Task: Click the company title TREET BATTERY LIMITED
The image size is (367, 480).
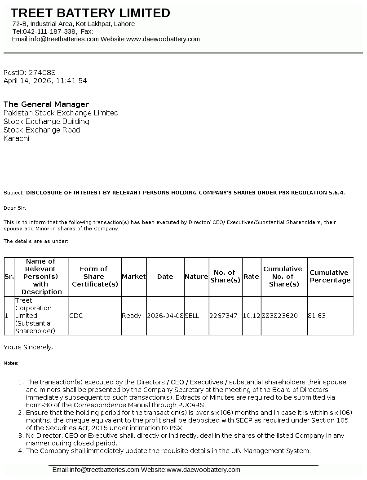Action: (90, 13)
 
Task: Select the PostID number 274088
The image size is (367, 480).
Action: (42, 72)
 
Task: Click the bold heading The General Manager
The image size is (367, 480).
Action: (46, 104)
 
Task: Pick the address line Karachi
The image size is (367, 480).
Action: (16, 138)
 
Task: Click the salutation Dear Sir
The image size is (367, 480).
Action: (15, 208)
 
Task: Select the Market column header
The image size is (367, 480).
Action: (134, 277)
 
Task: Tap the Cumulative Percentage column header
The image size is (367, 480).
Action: (330, 277)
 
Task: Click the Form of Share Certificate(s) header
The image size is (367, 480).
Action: (95, 277)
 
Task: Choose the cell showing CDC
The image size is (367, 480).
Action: (76, 316)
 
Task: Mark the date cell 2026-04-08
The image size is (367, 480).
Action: (165, 316)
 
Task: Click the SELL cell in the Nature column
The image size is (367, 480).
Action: (192, 316)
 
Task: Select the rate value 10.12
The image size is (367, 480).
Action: (252, 316)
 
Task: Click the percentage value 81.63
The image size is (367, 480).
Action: (317, 316)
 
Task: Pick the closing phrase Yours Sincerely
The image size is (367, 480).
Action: (28, 347)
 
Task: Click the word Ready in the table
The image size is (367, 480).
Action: (132, 316)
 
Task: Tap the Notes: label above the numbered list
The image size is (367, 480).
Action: (11, 363)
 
